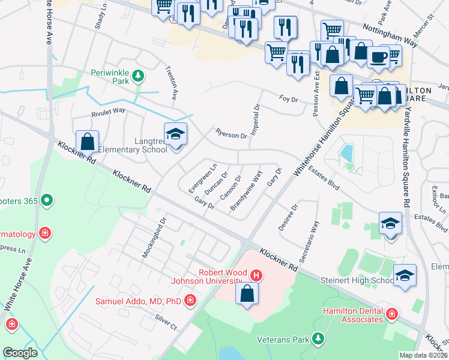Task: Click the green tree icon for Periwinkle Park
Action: (139, 76)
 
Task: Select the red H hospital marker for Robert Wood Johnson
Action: (256, 275)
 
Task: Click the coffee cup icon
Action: (378, 57)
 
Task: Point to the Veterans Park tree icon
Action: (318, 340)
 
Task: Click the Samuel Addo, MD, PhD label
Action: (139, 299)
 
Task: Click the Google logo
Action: (20, 352)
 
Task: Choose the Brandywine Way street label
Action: (247, 191)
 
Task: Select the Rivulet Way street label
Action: (108, 110)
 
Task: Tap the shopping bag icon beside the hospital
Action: (247, 294)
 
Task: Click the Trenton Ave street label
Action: (172, 83)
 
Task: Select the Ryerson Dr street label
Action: (231, 134)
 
